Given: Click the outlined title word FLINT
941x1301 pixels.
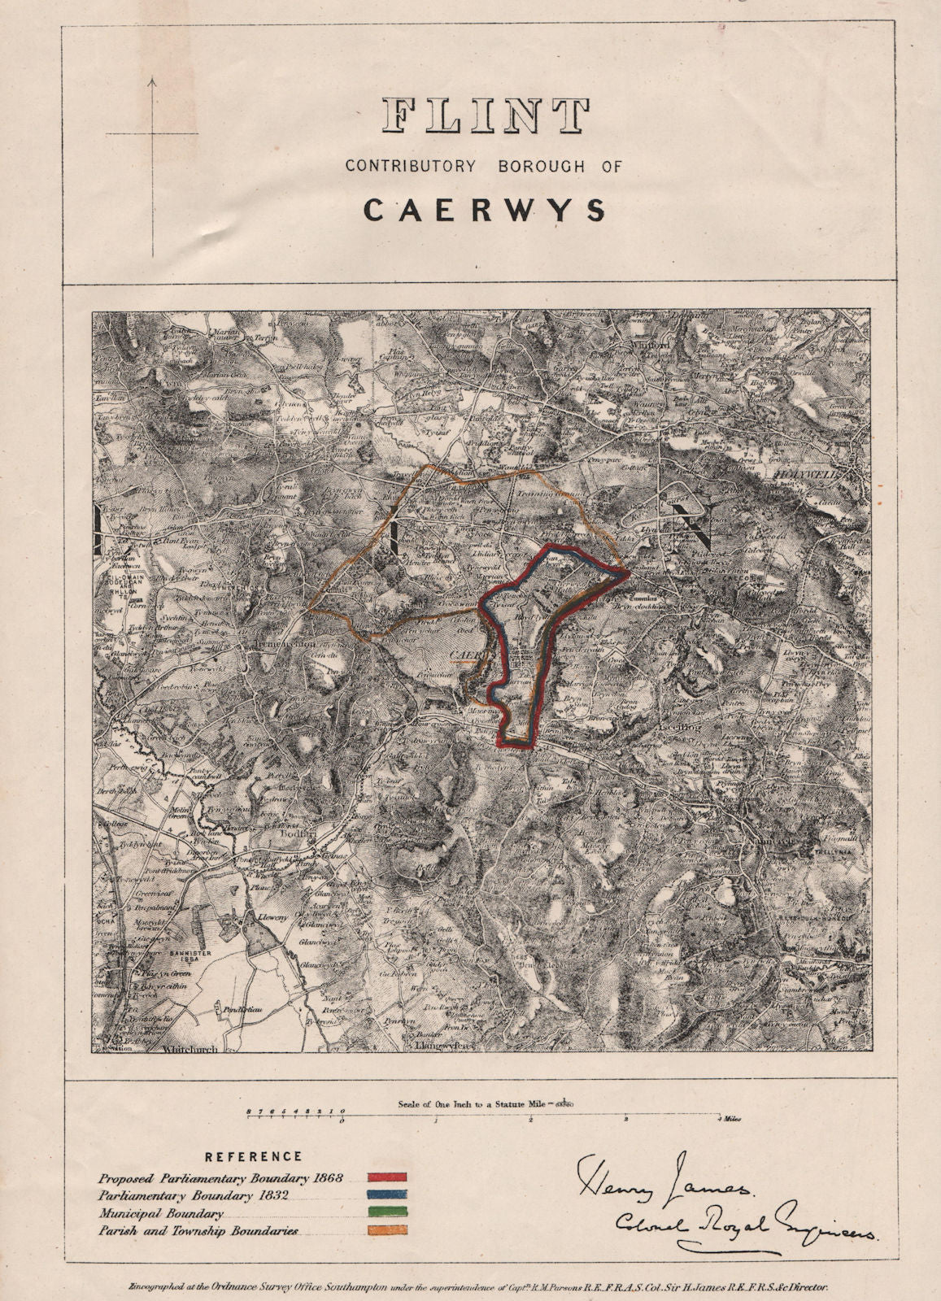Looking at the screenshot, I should coord(486,116).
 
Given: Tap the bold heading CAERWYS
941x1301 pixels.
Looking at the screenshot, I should coord(485,210).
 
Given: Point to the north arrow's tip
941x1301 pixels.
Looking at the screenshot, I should coord(152,79).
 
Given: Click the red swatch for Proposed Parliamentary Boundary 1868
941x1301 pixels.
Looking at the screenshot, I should coord(386,1177).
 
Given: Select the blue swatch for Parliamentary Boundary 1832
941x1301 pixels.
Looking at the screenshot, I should coord(386,1195).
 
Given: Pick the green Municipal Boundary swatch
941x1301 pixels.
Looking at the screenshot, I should coord(386,1213).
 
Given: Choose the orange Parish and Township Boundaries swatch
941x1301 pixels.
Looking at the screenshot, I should coord(386,1231).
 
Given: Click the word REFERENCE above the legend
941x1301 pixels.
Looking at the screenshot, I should coord(253,1155).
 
